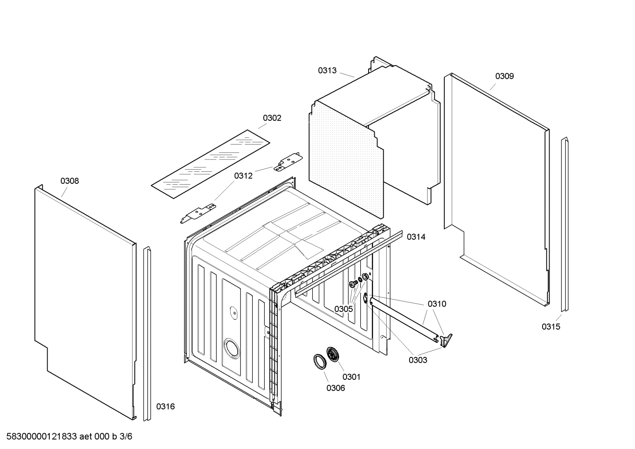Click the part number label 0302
(x=272, y=118)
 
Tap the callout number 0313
(x=327, y=71)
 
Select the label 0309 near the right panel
(x=504, y=76)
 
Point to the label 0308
(x=70, y=181)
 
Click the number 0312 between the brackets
(x=243, y=176)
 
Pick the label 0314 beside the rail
(x=416, y=237)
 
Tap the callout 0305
(x=343, y=309)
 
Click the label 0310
(x=436, y=304)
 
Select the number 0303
(x=417, y=360)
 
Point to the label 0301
(x=351, y=377)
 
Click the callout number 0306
(x=336, y=388)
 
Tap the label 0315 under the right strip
(x=551, y=327)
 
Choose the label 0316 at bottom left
(x=166, y=407)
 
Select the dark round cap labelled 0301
(x=333, y=354)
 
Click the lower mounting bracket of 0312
(x=199, y=212)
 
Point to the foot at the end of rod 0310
(x=447, y=340)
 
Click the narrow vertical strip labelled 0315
(x=564, y=225)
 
